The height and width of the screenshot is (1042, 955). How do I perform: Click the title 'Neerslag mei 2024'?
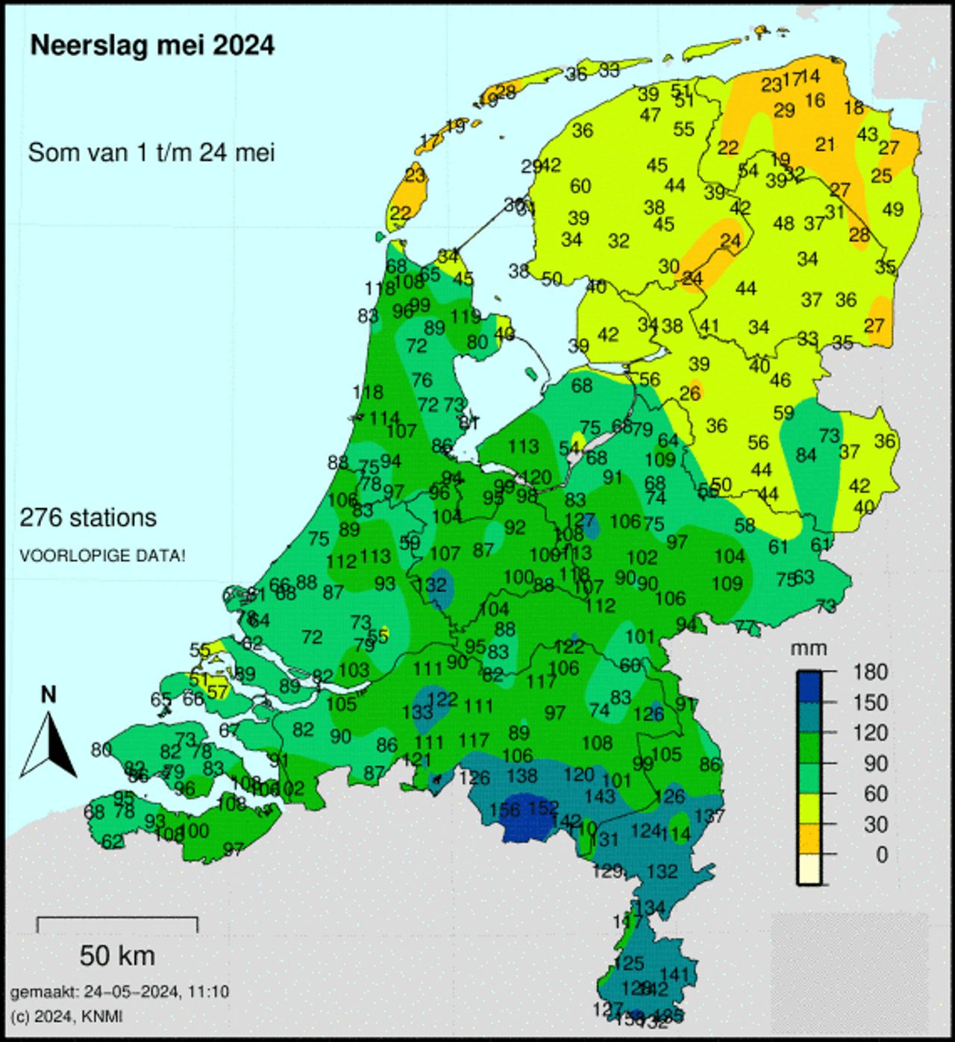tap(152, 45)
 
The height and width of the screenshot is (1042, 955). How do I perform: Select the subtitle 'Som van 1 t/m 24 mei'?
tap(151, 153)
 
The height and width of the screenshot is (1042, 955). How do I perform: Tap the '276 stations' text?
tap(88, 518)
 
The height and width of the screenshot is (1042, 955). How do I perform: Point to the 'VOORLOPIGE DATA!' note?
tap(102, 556)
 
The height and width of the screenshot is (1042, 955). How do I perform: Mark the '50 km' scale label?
tap(117, 955)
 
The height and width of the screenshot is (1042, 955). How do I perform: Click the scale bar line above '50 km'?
tap(117, 919)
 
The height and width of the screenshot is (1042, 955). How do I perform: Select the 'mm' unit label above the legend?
tap(809, 648)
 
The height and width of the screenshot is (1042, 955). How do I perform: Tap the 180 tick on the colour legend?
tap(871, 672)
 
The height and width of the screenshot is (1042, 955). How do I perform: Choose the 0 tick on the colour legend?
tap(881, 855)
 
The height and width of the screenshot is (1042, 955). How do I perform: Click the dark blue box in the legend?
tap(809, 687)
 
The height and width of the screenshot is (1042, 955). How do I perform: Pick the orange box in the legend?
tap(809, 839)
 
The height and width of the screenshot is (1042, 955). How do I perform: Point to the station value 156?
tap(505, 810)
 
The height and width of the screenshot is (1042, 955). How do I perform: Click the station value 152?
tap(543, 808)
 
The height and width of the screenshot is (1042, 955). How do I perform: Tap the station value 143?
tap(600, 797)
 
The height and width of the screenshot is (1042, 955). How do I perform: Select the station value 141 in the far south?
tap(674, 974)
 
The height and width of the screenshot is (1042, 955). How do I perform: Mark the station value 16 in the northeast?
tap(815, 100)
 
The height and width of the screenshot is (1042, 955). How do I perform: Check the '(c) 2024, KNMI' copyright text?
tap(66, 1016)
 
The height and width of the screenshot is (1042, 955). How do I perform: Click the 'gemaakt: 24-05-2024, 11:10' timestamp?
tap(119, 992)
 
